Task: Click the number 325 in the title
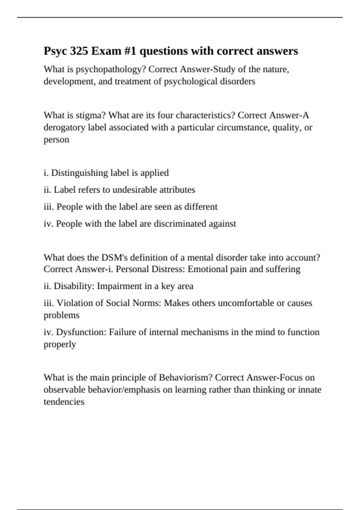79,51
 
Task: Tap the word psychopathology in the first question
111,70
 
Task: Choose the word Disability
74,286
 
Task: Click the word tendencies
64,402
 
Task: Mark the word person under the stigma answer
56,140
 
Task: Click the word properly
60,344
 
